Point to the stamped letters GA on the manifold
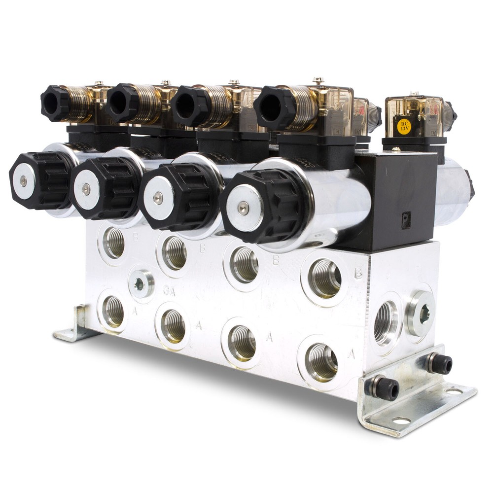coord(169,291)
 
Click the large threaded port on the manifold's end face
coord(386,323)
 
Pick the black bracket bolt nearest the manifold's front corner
coord(386,388)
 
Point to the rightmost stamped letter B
coord(358,273)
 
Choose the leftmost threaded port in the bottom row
coord(113,311)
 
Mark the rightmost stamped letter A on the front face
coord(351,354)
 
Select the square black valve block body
coord(394,197)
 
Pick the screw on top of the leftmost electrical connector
coord(99,83)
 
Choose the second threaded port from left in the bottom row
coord(174,327)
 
